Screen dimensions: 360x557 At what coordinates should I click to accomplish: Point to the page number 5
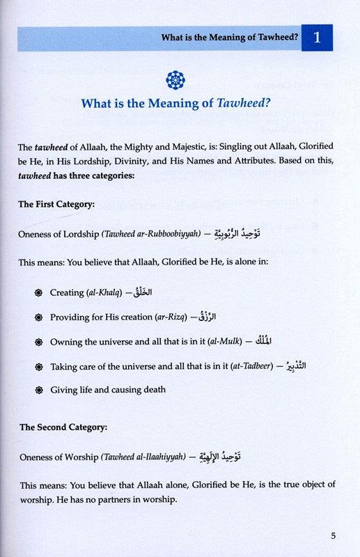click(334, 536)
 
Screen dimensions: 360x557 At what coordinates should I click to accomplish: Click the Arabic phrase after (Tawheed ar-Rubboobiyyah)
click(249, 235)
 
